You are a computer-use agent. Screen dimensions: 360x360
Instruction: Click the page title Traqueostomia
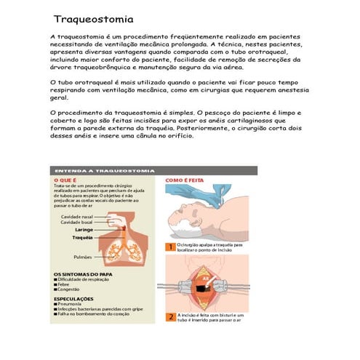click(x=92, y=17)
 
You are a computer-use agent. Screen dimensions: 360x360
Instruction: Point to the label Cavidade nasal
click(x=76, y=216)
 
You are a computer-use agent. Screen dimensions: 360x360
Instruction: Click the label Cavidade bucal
click(x=76, y=222)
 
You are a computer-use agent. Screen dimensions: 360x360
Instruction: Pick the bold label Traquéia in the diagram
click(x=82, y=237)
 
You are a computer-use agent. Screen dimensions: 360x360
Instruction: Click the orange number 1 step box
click(x=170, y=247)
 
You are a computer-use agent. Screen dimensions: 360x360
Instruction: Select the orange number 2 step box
click(x=170, y=316)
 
